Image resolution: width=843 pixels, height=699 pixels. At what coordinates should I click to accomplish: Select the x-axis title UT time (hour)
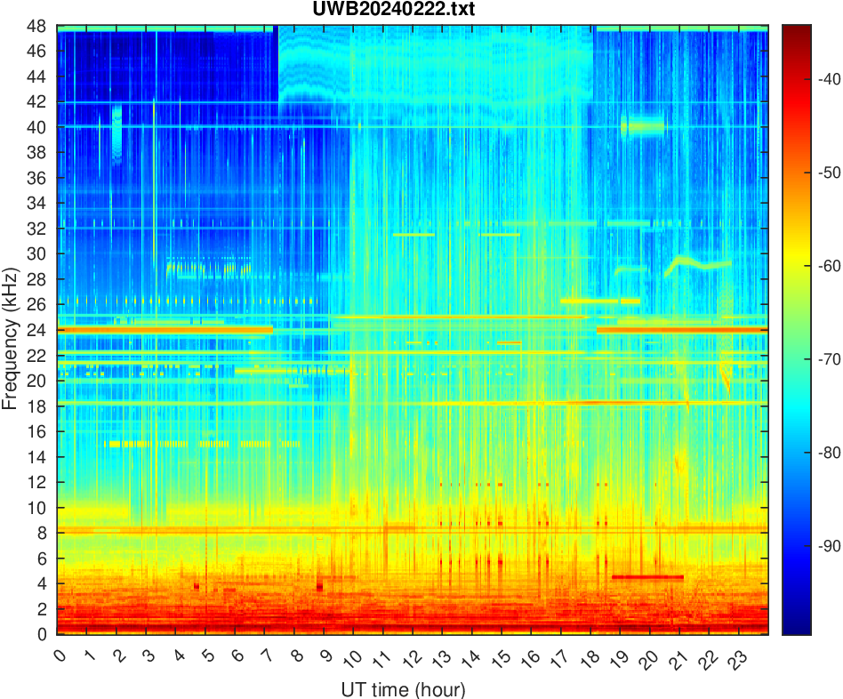pyautogui.click(x=403, y=689)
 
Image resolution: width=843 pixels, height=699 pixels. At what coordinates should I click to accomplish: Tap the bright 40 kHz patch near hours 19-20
pyautogui.click(x=643, y=126)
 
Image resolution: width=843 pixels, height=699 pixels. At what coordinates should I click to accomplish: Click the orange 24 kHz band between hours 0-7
pyautogui.click(x=165, y=329)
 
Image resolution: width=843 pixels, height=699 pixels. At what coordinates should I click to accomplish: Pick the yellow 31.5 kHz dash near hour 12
pyautogui.click(x=413, y=235)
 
